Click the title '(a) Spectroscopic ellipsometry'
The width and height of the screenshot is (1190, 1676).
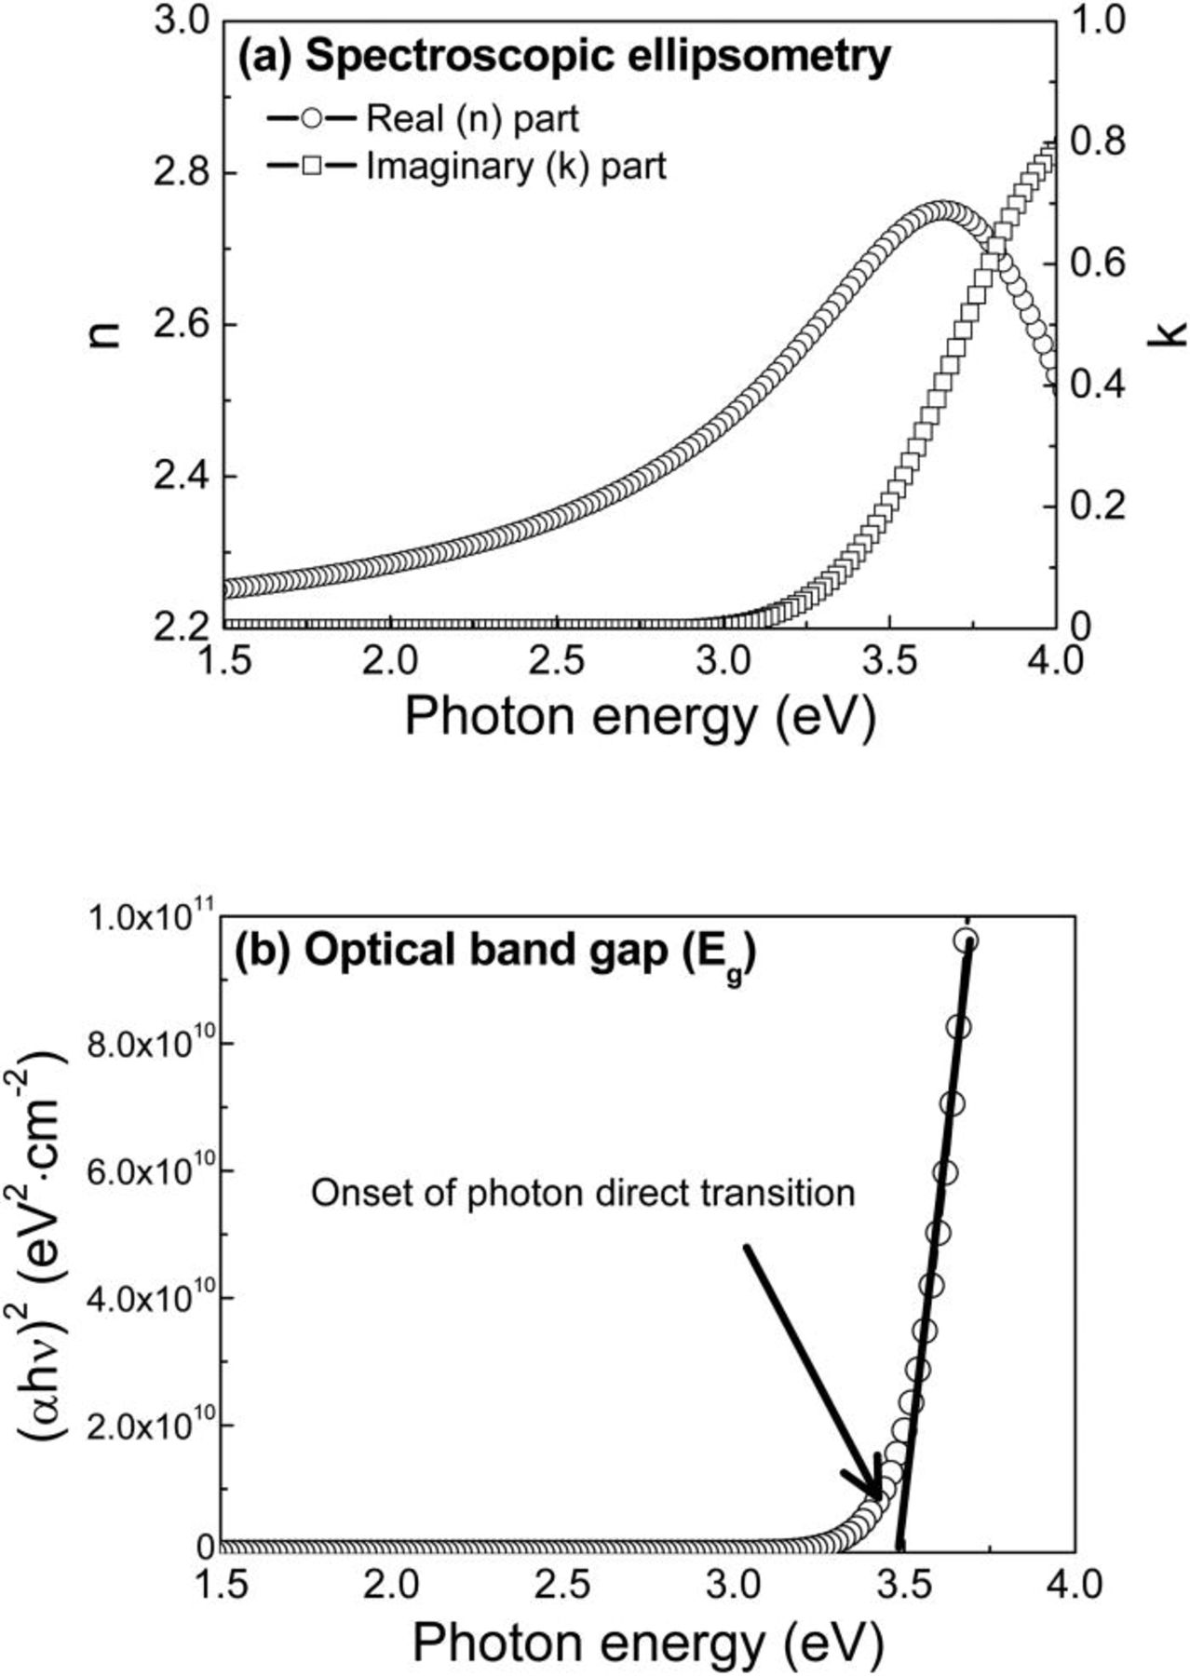point(564,58)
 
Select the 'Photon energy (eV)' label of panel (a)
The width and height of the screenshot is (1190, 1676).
point(641,718)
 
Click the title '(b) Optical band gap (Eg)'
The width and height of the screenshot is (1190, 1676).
point(494,954)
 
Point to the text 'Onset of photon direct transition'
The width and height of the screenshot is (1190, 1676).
point(583,1193)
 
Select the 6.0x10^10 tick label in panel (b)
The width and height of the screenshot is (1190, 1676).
point(151,1171)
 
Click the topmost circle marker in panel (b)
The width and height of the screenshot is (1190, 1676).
point(966,940)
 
